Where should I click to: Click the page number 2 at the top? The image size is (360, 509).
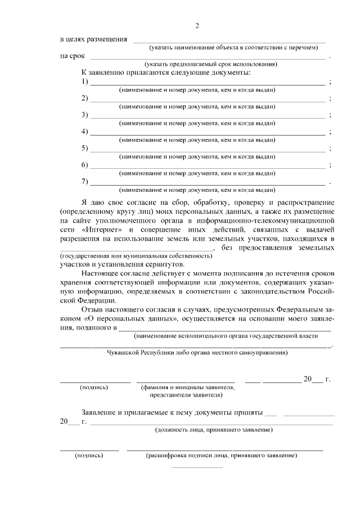[x=197, y=25]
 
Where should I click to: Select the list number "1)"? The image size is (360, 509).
[x=85, y=82]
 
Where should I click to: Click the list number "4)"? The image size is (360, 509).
[x=85, y=132]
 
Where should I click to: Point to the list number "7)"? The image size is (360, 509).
[x=85, y=182]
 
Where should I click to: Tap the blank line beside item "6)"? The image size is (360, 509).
[x=208, y=168]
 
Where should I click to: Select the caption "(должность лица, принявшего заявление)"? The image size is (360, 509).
[x=214, y=430]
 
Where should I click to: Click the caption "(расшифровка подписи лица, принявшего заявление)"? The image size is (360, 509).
[x=221, y=456]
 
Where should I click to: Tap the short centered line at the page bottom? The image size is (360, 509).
[x=196, y=467]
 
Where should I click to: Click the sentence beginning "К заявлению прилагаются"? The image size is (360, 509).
[x=166, y=73]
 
